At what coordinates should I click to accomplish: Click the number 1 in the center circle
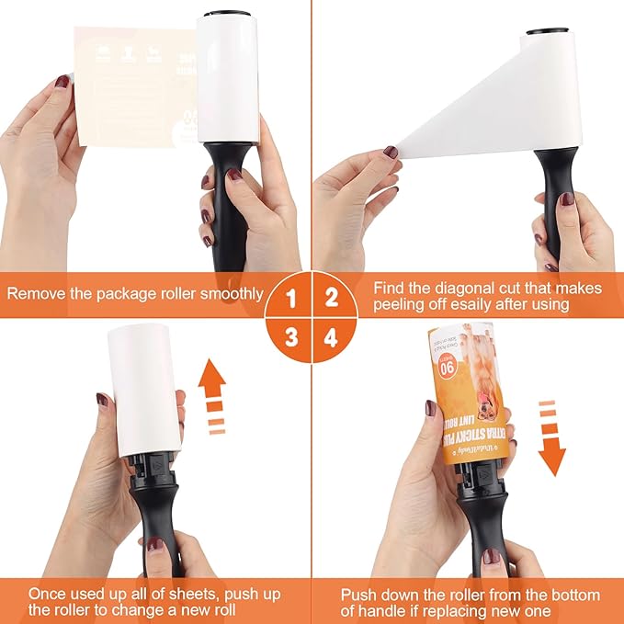point(291,297)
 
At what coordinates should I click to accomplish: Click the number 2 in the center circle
point(332,297)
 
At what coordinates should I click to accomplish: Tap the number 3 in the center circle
point(291,336)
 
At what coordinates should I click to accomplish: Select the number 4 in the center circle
point(332,336)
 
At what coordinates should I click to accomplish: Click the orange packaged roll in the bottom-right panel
point(469,395)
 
